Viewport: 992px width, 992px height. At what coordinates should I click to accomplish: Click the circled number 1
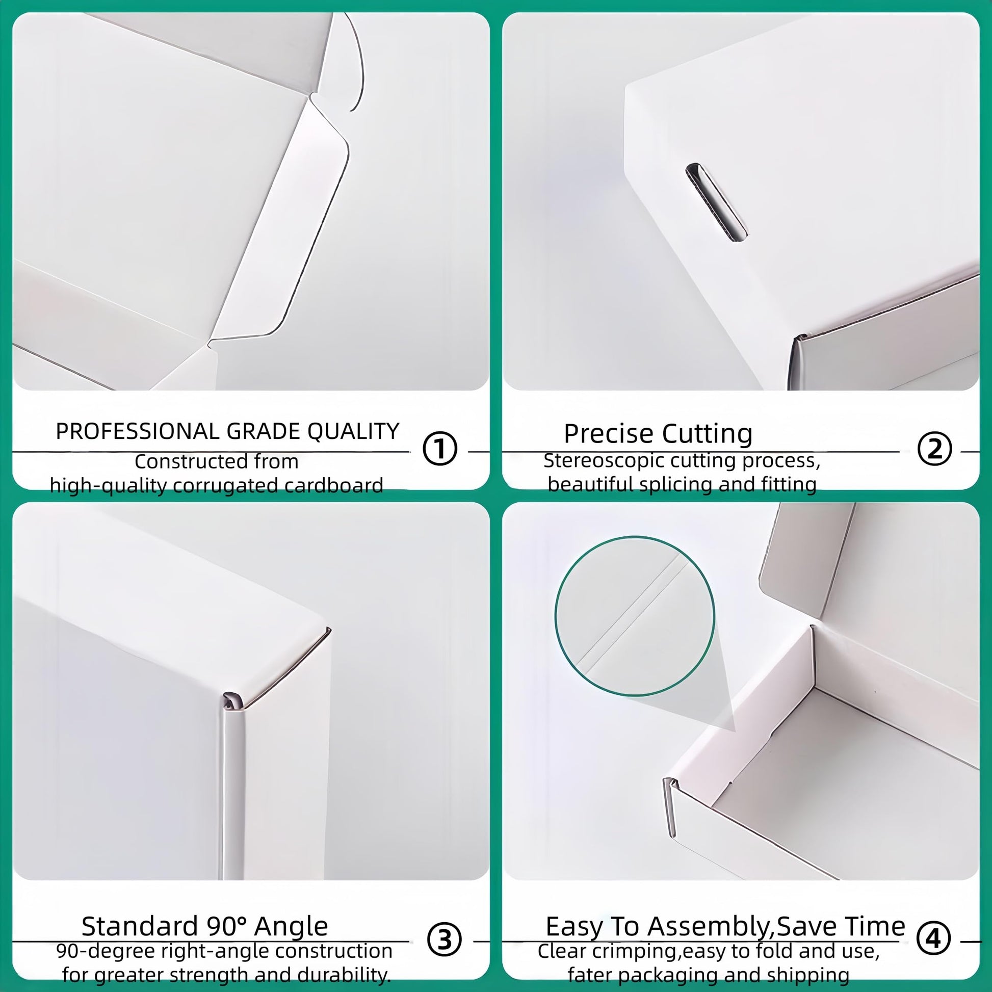coord(440,449)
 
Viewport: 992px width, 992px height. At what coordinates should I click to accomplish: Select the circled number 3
coord(444,939)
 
